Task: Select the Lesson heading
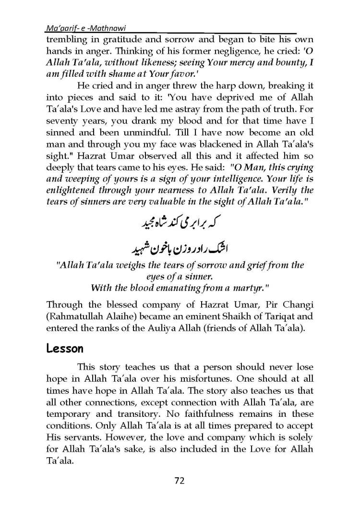pos(63,348)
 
